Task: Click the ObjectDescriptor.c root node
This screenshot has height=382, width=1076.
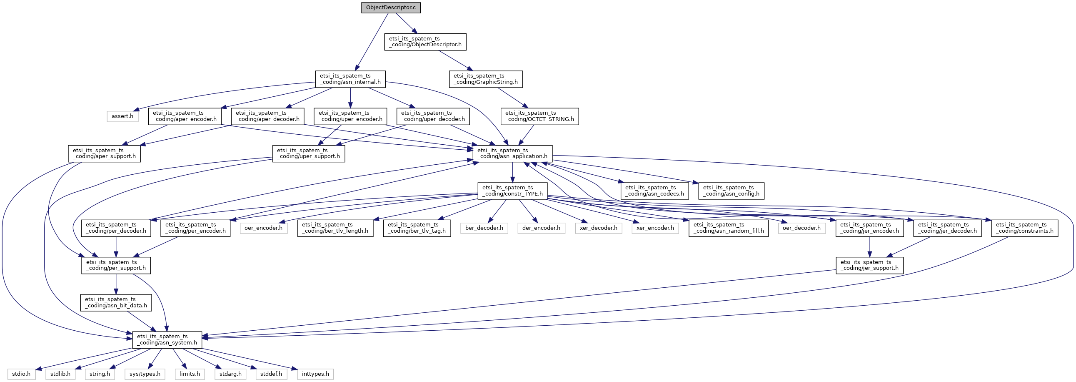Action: tap(391, 8)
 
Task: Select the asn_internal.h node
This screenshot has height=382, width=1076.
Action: tap(350, 79)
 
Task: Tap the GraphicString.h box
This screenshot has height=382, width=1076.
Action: tap(486, 79)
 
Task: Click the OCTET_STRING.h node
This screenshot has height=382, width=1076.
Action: tap(540, 116)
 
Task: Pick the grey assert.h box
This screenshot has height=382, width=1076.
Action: tap(122, 116)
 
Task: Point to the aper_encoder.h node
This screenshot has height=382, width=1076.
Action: tap(185, 116)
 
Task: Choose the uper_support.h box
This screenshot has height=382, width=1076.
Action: tap(309, 153)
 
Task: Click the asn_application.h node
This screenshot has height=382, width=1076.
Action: tap(512, 153)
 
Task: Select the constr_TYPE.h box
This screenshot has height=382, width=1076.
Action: tap(512, 191)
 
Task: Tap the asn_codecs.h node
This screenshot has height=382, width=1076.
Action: tap(654, 191)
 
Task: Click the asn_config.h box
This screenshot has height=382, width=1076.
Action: tap(731, 191)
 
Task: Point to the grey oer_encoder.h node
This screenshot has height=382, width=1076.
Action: tap(264, 228)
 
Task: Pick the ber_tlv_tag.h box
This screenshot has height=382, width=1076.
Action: tap(417, 228)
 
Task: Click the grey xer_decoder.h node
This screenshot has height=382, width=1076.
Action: tap(599, 228)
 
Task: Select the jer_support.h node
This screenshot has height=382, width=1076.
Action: tap(870, 265)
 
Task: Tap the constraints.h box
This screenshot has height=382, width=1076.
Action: tap(1025, 228)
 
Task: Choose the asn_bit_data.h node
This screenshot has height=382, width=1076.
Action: tap(116, 302)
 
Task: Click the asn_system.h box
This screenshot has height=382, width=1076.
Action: tap(167, 339)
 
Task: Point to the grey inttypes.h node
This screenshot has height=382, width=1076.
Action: tap(315, 374)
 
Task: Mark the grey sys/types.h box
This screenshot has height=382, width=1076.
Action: tap(145, 374)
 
